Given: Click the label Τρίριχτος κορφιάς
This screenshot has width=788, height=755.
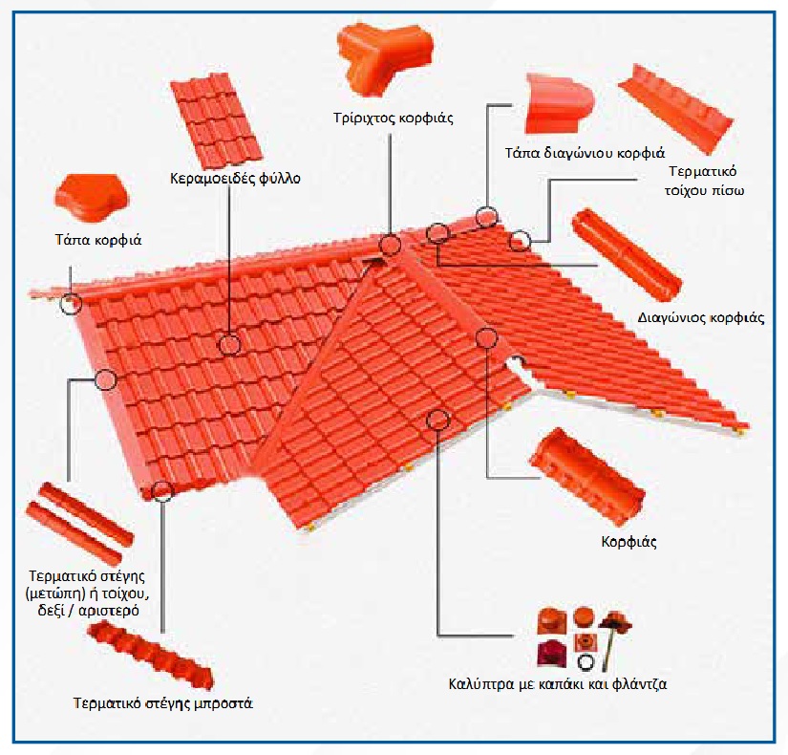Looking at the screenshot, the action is (x=393, y=119).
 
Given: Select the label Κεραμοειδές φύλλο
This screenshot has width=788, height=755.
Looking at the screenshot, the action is (x=235, y=179).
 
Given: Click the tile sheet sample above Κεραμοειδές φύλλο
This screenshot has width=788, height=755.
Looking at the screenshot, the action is (x=217, y=120).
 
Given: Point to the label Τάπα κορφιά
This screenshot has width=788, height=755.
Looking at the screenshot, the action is (x=98, y=240).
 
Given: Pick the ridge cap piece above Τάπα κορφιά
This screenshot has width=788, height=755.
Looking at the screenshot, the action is (x=92, y=198).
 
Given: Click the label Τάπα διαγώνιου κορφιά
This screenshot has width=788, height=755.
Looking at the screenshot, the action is (x=585, y=153).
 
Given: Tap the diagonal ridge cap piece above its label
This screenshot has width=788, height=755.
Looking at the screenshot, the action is (x=559, y=103).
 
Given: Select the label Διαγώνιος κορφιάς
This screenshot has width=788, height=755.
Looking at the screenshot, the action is (x=701, y=318).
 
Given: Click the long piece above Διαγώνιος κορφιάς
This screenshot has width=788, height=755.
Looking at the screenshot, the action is (x=628, y=256).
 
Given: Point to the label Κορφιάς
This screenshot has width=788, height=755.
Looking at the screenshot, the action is (x=628, y=542).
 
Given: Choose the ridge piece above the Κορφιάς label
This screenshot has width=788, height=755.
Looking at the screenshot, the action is (x=587, y=476).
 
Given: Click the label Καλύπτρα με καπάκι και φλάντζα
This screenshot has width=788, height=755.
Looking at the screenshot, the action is (x=557, y=684).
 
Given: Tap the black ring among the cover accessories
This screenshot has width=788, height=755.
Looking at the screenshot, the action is (x=586, y=662).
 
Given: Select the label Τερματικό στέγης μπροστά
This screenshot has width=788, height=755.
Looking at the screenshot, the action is (x=162, y=702).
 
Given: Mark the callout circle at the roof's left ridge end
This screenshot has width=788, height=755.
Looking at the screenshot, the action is (x=71, y=304).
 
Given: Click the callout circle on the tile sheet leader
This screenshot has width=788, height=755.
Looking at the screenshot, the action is (x=229, y=345).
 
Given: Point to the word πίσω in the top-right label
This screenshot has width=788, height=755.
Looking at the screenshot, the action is (x=729, y=191).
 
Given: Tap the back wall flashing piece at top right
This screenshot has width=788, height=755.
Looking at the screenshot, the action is (x=676, y=109).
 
